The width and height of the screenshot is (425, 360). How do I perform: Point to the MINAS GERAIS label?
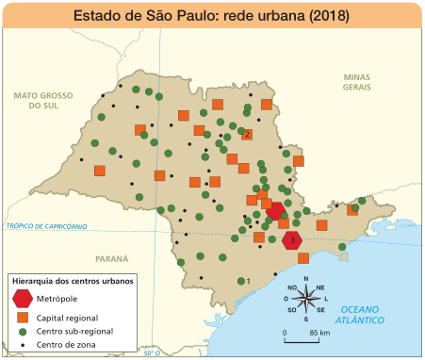tap(357, 81)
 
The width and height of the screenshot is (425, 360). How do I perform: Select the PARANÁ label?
tap(111, 257)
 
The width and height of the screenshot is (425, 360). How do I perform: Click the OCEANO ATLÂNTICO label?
tap(363, 315)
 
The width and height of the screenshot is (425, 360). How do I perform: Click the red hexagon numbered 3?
tap(294, 240)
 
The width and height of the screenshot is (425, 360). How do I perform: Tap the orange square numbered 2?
tap(247, 134)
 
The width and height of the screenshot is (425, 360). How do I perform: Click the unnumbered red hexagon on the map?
tap(275, 211)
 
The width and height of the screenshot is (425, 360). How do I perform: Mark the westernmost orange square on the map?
tap(100, 171)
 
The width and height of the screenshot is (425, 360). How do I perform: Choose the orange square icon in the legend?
tap(23, 318)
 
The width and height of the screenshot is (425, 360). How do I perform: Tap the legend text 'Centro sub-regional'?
tap(74, 332)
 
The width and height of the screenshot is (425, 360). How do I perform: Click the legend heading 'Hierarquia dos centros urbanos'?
tap(72, 281)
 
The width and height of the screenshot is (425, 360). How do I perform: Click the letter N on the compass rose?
tap(305, 281)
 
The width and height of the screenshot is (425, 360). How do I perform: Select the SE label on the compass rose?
tap(320, 310)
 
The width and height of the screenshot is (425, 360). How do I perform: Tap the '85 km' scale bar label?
tap(319, 334)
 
